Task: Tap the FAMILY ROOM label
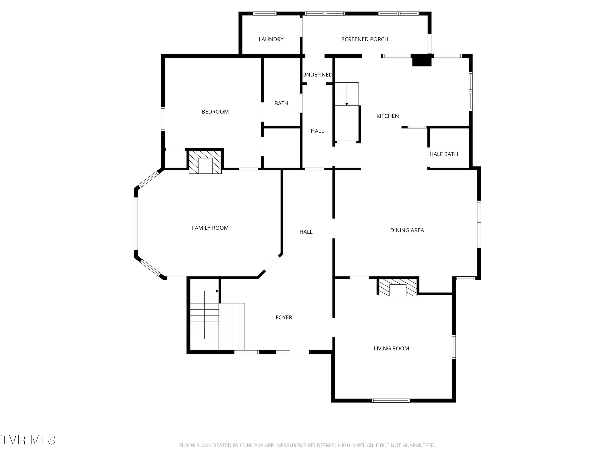click(210, 228)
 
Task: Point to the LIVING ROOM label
click(391, 349)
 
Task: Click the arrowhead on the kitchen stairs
click(347, 104)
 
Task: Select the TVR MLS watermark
click(28, 440)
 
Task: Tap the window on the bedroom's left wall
click(163, 119)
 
